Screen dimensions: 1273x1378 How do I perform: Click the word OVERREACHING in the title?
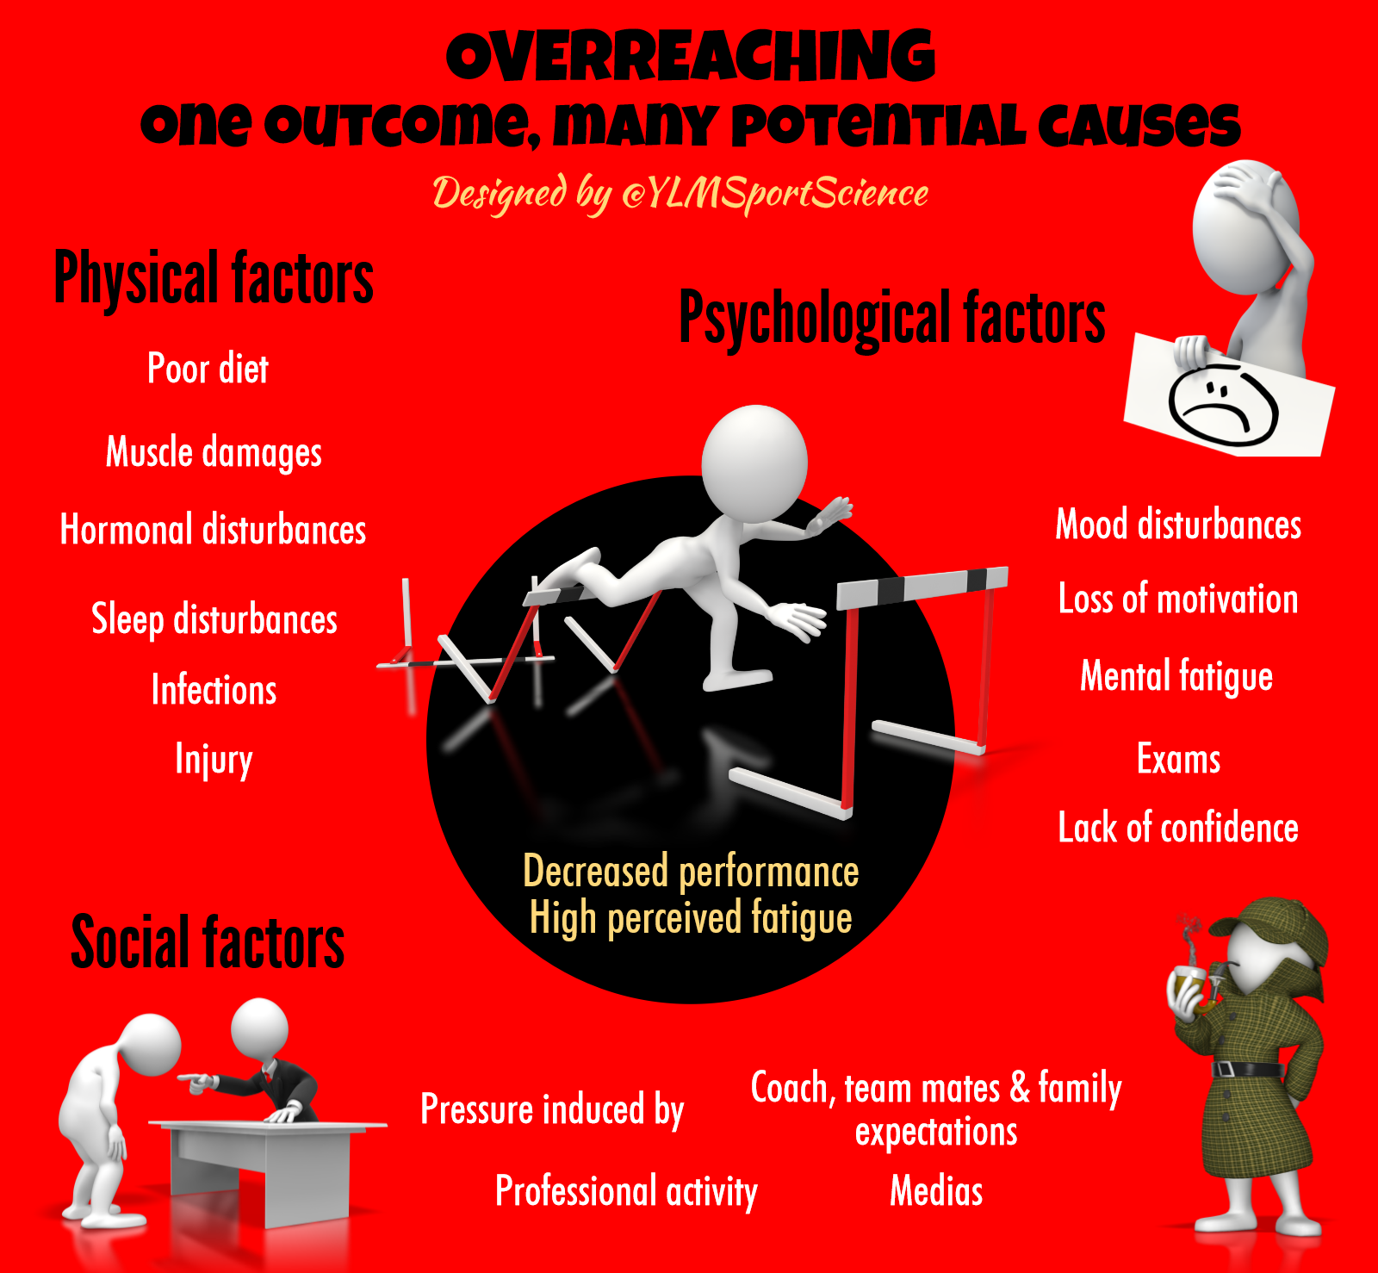pos(690,57)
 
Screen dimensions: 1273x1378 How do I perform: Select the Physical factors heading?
pos(214,278)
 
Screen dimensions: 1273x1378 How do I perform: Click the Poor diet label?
pos(208,369)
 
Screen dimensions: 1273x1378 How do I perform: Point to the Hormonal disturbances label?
pos(213,530)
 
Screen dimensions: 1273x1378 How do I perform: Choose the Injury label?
pos(214,760)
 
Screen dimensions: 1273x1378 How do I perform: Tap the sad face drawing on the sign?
pos(1223,405)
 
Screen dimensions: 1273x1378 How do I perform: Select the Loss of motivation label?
pos(1178,599)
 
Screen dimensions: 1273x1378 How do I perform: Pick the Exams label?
pos(1178,759)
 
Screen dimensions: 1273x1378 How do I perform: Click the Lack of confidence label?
pos(1178,828)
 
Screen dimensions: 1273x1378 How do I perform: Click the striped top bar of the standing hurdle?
pos(922,586)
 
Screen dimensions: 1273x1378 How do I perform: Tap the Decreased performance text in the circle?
pos(691,872)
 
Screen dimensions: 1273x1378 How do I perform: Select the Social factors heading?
pos(208,943)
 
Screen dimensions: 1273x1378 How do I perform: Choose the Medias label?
pos(936,1191)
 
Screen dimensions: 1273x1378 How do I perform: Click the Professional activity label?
pos(626,1191)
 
